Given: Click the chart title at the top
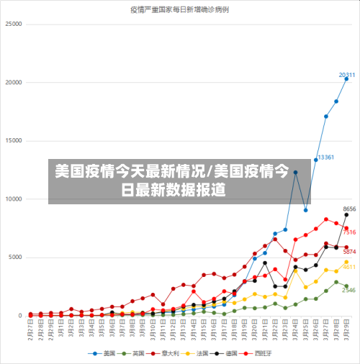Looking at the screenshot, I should coord(180,10).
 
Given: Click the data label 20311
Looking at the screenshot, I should coord(347,75).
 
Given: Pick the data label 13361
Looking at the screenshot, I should coord(325,157).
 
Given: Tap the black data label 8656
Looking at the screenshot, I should coord(350,209).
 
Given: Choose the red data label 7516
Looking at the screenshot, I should coord(349,232).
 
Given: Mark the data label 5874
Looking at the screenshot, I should coord(349,252).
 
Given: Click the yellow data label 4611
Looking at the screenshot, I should coord(349,267).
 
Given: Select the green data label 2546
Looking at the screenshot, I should coord(348,291).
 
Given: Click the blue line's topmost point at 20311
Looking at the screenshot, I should coord(346,78).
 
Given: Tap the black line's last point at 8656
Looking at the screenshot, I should coord(346,214).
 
